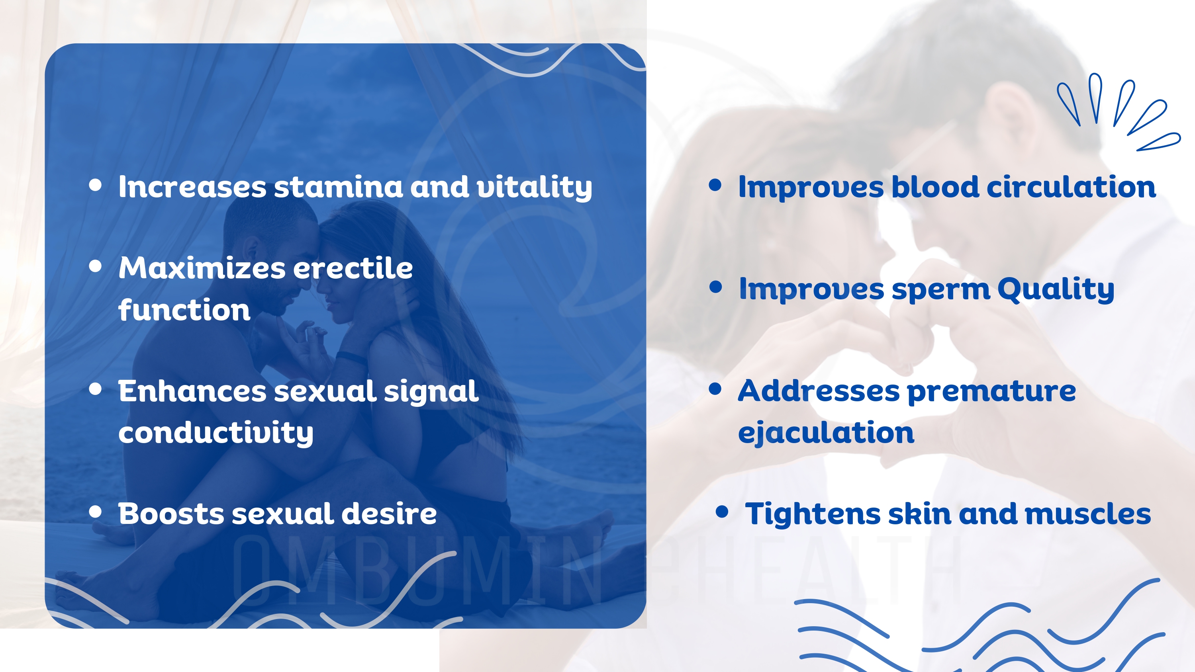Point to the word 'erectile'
click(x=353, y=268)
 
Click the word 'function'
click(x=184, y=309)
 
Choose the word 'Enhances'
click(x=192, y=391)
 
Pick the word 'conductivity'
click(x=216, y=432)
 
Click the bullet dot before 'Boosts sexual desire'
click(x=95, y=512)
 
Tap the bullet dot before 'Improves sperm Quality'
click(x=716, y=287)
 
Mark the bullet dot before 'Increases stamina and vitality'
click(x=95, y=185)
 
